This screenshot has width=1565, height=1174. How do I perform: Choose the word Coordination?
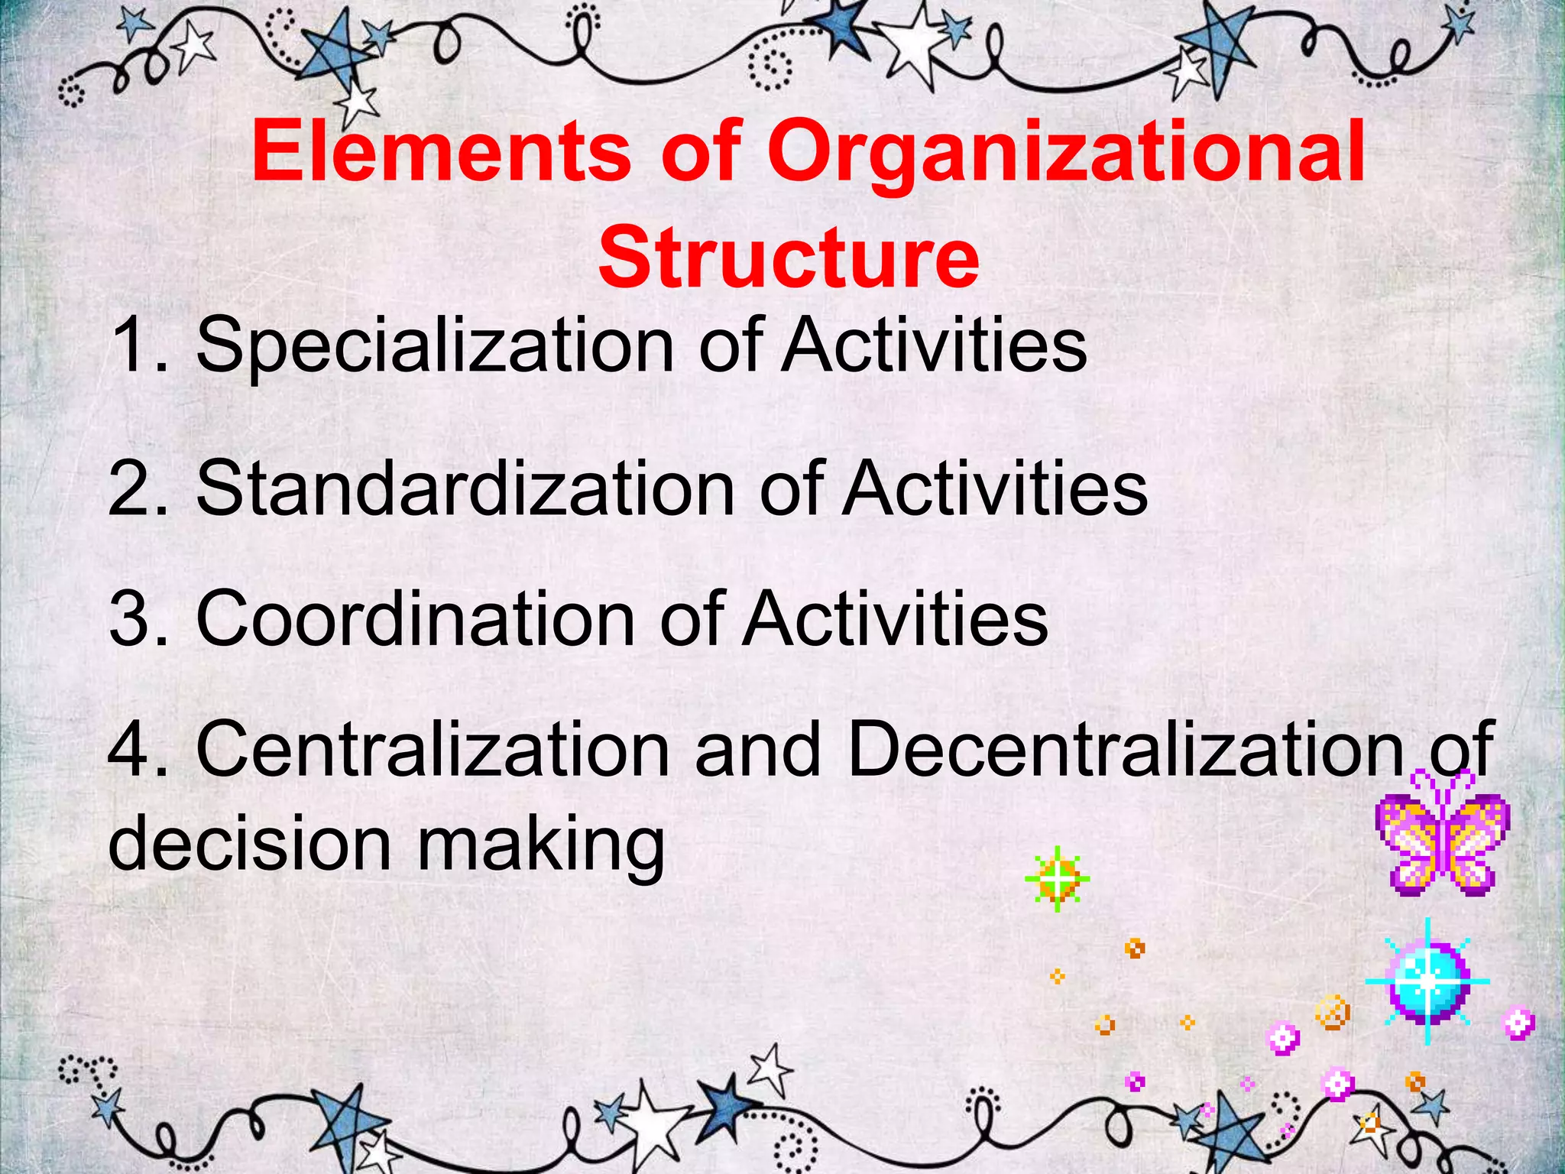tap(415, 619)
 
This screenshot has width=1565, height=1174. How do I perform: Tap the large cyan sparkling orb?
tap(1427, 981)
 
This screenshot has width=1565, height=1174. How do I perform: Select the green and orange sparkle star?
tap(1057, 880)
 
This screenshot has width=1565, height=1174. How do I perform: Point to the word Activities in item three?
tap(895, 619)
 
